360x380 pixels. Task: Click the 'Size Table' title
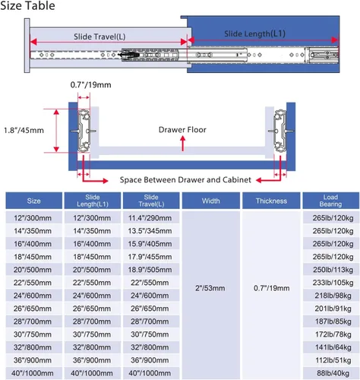click(x=27, y=5)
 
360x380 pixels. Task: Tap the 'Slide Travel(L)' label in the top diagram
click(x=99, y=36)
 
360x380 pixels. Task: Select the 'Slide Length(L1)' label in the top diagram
click(x=254, y=33)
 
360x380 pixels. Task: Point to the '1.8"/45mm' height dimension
click(x=24, y=131)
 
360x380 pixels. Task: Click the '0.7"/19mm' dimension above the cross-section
click(x=90, y=84)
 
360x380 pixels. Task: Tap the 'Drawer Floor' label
click(x=182, y=130)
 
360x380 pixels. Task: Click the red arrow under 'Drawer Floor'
click(x=183, y=144)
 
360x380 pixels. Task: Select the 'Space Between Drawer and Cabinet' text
click(x=185, y=180)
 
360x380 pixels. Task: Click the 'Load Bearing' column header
click(x=330, y=201)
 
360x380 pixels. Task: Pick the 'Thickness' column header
click(x=271, y=201)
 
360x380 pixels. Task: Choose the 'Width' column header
click(x=210, y=201)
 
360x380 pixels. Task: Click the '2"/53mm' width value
click(x=210, y=288)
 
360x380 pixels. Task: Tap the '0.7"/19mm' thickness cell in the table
click(x=271, y=288)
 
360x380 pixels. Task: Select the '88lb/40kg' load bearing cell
click(x=333, y=373)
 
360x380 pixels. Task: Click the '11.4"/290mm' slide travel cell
click(x=150, y=218)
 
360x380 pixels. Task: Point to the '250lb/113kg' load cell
click(x=333, y=270)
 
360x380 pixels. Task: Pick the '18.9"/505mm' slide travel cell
click(x=150, y=270)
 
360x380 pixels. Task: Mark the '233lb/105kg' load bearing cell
click(x=333, y=283)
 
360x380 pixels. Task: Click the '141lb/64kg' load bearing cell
click(x=333, y=347)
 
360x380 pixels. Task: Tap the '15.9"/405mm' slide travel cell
click(x=150, y=244)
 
